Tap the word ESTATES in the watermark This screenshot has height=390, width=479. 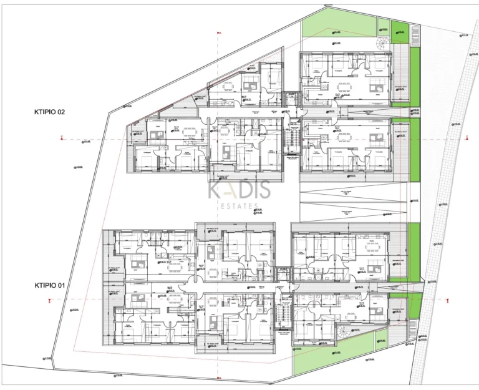tap(239, 206)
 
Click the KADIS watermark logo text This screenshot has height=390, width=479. tap(239, 188)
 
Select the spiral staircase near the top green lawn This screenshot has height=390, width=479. tap(381, 44)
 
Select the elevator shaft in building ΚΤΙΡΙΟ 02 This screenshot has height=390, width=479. tap(289, 98)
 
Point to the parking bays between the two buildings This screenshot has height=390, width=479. tap(346, 203)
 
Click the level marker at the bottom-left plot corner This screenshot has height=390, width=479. tap(47, 358)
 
